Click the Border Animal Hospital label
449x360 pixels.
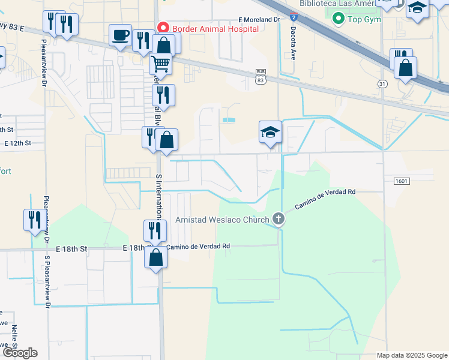[215, 28]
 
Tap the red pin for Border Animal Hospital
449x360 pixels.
[161, 28]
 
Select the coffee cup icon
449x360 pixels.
[120, 35]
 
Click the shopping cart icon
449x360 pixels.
[160, 62]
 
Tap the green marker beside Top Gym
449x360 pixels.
[339, 19]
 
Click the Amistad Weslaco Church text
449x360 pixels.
[222, 220]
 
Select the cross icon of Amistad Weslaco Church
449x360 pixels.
[279, 219]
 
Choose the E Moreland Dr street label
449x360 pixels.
[259, 20]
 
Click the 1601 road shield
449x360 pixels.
[402, 181]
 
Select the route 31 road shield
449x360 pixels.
[382, 84]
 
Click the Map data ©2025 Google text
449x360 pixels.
[412, 355]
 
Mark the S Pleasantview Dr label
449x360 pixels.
[47, 280]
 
